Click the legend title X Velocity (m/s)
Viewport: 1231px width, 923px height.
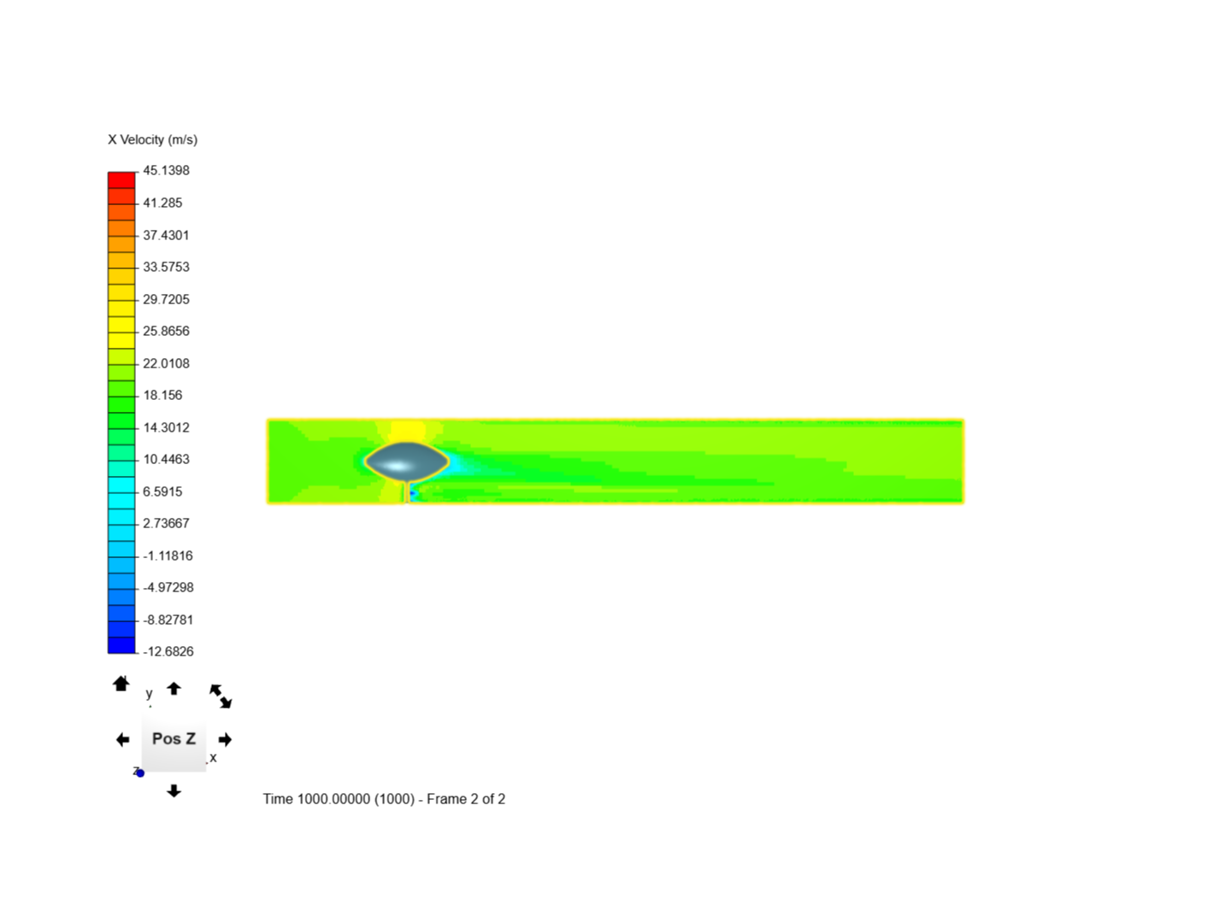point(152,140)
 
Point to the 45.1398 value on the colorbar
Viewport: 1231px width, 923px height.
point(166,170)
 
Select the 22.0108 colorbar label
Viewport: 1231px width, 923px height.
point(166,364)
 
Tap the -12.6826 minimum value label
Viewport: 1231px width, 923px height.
point(168,651)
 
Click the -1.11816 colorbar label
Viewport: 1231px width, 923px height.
point(168,556)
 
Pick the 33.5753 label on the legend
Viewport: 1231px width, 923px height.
point(166,267)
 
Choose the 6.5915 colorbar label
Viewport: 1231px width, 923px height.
point(162,491)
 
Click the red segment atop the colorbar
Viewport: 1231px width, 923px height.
point(121,179)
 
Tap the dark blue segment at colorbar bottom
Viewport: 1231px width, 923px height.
point(121,645)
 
